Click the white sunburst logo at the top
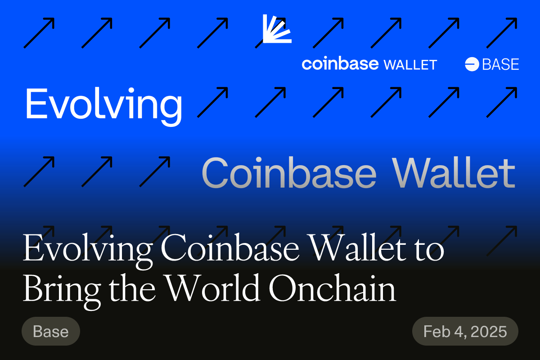(276, 29)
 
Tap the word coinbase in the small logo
(340, 64)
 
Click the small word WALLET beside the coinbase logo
(410, 65)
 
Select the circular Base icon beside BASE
(472, 64)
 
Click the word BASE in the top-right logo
(500, 64)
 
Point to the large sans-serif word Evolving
(103, 104)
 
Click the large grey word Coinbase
(289, 173)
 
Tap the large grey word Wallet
(454, 173)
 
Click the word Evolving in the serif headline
(87, 250)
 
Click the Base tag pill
(51, 332)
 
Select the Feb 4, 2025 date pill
(465, 332)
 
